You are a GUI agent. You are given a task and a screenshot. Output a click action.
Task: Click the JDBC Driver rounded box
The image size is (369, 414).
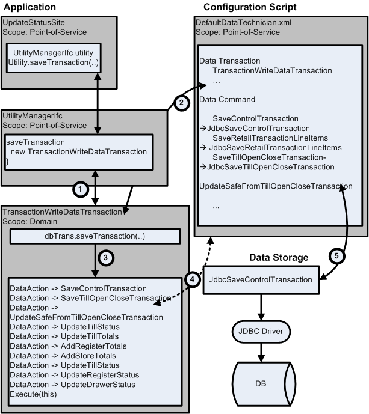[256, 332]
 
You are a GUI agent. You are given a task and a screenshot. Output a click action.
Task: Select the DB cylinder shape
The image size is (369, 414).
[256, 383]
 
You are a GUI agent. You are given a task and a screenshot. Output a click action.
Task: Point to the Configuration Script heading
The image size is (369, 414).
[251, 7]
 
